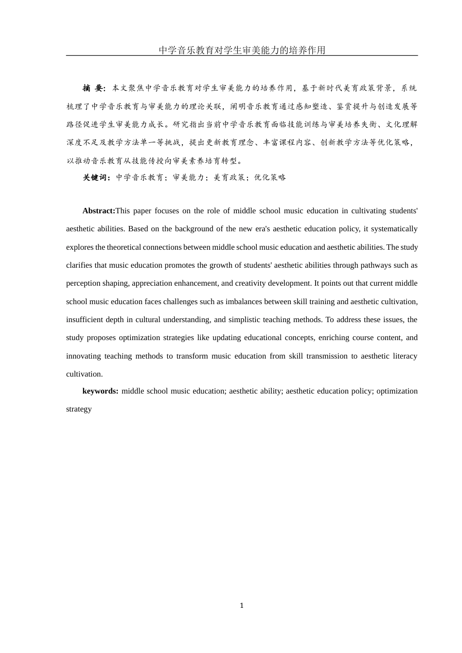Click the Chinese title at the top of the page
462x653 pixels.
click(x=242, y=50)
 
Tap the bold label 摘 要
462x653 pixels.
click(x=94, y=88)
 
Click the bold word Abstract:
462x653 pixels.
click(x=99, y=211)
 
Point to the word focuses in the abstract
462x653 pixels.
click(x=168, y=211)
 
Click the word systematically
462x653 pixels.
click(x=392, y=229)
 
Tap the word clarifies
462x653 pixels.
click(x=79, y=265)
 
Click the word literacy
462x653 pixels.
click(x=406, y=356)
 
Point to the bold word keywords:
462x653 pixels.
click(x=100, y=391)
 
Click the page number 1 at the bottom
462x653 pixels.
click(x=242, y=605)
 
